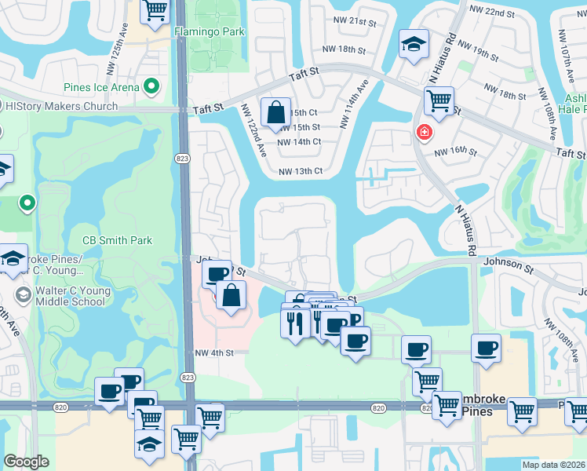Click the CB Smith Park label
117,240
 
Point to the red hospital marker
424,132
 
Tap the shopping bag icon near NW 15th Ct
277,112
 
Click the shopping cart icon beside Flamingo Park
155,10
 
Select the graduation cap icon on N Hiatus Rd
413,44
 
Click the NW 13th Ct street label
301,170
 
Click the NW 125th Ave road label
123,35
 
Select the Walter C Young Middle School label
69,296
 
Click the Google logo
26,462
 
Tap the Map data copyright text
554,465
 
